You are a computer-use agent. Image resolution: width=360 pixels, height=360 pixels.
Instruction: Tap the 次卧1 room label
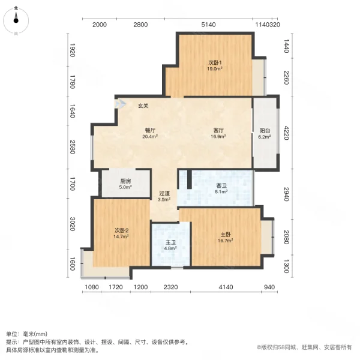(x=215, y=62)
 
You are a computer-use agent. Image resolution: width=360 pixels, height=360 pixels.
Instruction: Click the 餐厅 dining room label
(x=150, y=130)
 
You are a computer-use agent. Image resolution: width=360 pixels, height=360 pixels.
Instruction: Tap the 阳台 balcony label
(x=265, y=130)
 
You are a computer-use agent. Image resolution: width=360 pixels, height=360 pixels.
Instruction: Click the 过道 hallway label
(x=164, y=193)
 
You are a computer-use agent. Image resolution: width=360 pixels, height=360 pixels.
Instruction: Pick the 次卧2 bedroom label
(x=122, y=230)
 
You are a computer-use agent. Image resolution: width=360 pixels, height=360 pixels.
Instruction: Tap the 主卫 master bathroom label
(x=170, y=243)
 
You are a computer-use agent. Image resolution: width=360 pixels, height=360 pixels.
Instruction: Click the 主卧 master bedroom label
(x=225, y=233)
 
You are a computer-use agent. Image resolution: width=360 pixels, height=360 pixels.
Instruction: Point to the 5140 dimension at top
(x=208, y=25)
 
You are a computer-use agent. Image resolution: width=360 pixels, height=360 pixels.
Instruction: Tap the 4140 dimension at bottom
(x=226, y=287)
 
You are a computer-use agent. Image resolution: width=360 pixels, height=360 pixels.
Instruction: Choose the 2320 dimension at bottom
(x=170, y=287)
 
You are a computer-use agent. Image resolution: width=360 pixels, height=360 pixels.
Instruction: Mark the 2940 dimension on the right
(x=286, y=194)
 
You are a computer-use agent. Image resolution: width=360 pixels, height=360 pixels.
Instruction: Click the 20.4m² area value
(x=150, y=136)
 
